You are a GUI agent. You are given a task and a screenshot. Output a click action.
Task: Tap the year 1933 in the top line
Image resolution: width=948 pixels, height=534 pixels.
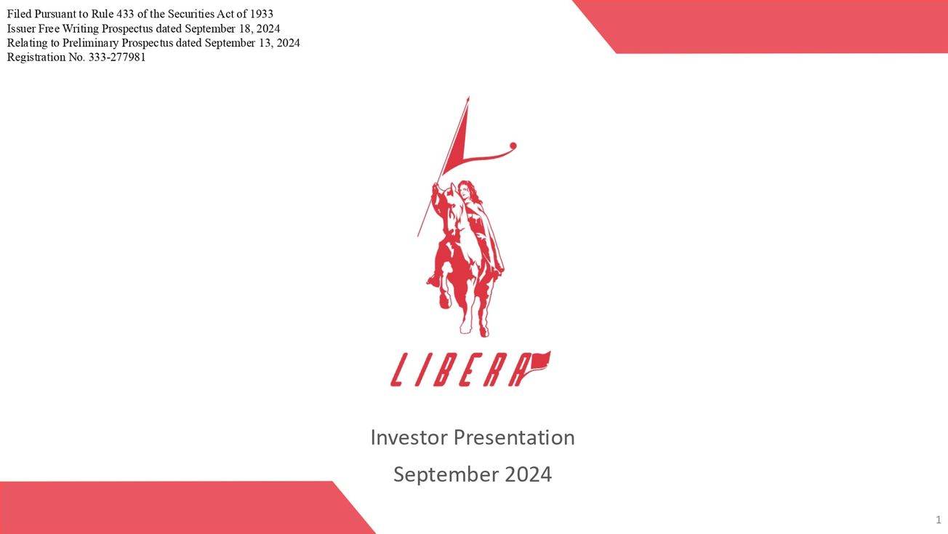pyautogui.click(x=261, y=15)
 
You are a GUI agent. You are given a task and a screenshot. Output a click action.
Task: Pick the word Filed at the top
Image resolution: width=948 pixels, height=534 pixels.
pyautogui.click(x=19, y=15)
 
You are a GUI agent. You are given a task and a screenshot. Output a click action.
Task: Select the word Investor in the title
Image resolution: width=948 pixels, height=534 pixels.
pyautogui.click(x=409, y=437)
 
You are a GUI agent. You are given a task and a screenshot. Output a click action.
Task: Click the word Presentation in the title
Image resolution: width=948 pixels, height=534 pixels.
pyautogui.click(x=514, y=437)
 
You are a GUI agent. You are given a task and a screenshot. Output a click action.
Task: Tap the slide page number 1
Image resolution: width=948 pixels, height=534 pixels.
pyautogui.click(x=938, y=519)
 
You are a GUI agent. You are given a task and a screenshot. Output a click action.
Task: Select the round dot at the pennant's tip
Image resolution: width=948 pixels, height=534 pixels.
pyautogui.click(x=513, y=146)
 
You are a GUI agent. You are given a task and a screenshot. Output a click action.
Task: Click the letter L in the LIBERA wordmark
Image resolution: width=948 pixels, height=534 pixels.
pyautogui.click(x=401, y=370)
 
